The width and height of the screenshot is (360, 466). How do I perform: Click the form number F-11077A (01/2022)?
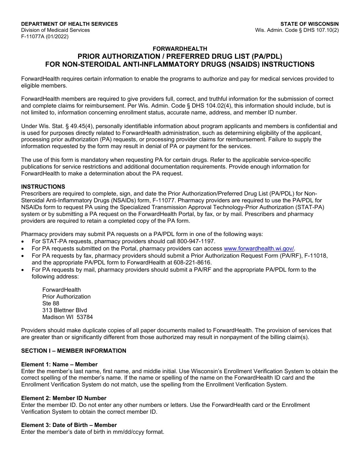(45, 36)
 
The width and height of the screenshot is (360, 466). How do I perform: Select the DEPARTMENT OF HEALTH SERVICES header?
(69, 24)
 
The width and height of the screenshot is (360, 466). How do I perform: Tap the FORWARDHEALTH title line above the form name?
(180, 48)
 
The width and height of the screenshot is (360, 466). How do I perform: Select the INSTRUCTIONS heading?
(43, 187)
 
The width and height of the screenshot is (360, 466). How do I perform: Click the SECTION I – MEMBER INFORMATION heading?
(74, 351)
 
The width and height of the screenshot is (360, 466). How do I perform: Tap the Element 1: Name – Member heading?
(59, 364)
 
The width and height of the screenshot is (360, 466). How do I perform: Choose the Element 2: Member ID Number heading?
(64, 398)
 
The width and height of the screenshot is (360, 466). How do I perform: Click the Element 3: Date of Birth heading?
(69, 425)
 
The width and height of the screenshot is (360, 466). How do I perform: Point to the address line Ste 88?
(51, 303)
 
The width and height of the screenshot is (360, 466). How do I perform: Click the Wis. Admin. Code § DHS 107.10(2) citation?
(297, 30)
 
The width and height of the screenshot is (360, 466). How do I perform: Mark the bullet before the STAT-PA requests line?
(23, 242)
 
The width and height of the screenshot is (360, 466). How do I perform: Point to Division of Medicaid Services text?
(55, 30)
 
